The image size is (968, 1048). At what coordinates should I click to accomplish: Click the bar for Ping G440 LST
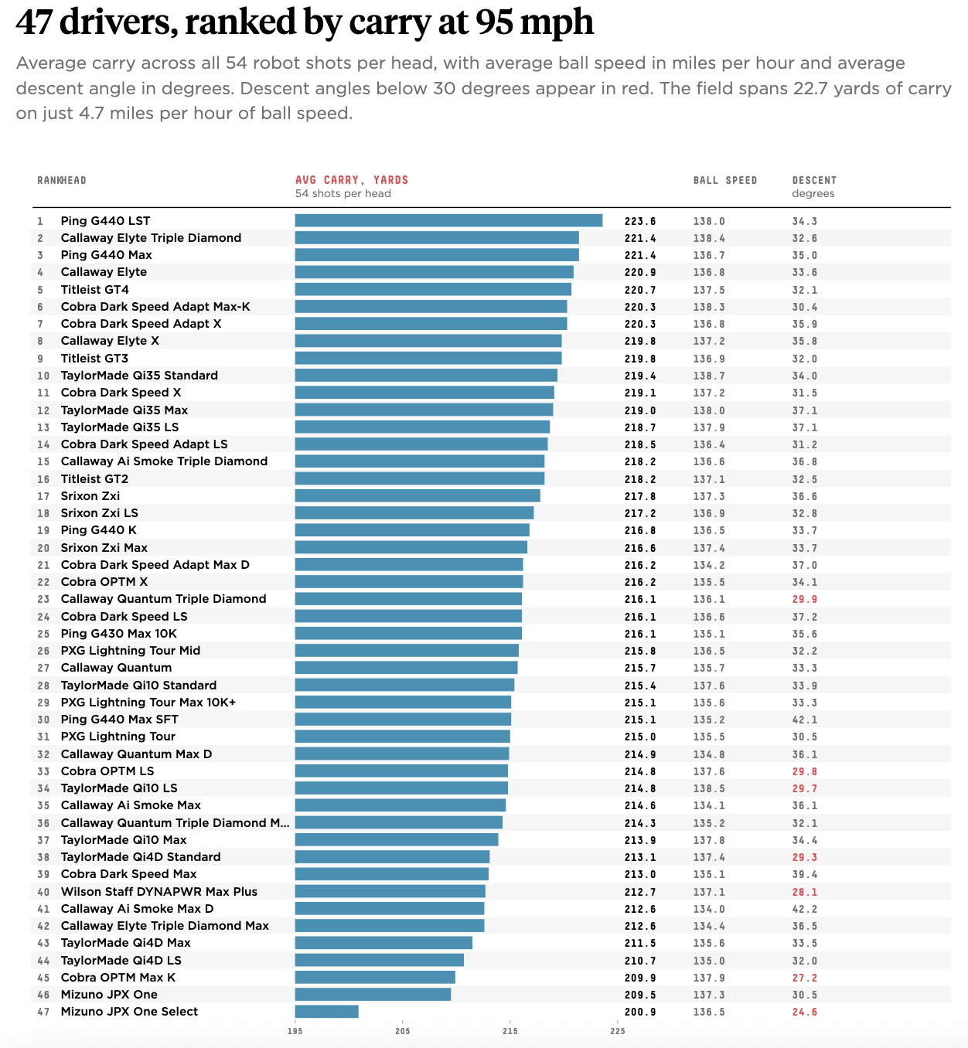(448, 220)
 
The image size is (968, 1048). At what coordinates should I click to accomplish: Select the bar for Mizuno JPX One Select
(326, 1011)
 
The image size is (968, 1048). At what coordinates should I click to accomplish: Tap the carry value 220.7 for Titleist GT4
(640, 290)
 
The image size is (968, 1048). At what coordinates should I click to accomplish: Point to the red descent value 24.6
(804, 1012)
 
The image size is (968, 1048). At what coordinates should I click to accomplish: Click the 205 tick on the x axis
(402, 1030)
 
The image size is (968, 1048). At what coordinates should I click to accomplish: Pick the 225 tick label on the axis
(617, 1030)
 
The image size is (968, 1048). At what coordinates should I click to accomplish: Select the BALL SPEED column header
(725, 181)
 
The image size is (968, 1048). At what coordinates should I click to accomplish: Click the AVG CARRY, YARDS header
(352, 180)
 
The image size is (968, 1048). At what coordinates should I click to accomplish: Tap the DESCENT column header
(814, 181)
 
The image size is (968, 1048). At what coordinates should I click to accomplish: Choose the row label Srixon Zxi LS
(99, 513)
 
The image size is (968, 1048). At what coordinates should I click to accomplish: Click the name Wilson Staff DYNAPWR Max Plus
(159, 891)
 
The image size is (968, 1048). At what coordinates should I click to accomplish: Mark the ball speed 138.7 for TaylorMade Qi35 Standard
(709, 376)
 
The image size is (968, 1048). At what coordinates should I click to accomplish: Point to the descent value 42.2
(804, 909)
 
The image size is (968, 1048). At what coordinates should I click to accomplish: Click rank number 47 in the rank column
(43, 1012)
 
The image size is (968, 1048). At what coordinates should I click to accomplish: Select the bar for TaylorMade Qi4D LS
(379, 960)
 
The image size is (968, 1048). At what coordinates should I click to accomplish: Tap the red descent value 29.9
(804, 599)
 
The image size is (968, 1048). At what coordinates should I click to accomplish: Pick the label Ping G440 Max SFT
(119, 720)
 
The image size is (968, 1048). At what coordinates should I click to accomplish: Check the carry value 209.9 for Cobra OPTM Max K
(640, 978)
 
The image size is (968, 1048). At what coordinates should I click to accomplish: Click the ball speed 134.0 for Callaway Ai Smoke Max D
(709, 909)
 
